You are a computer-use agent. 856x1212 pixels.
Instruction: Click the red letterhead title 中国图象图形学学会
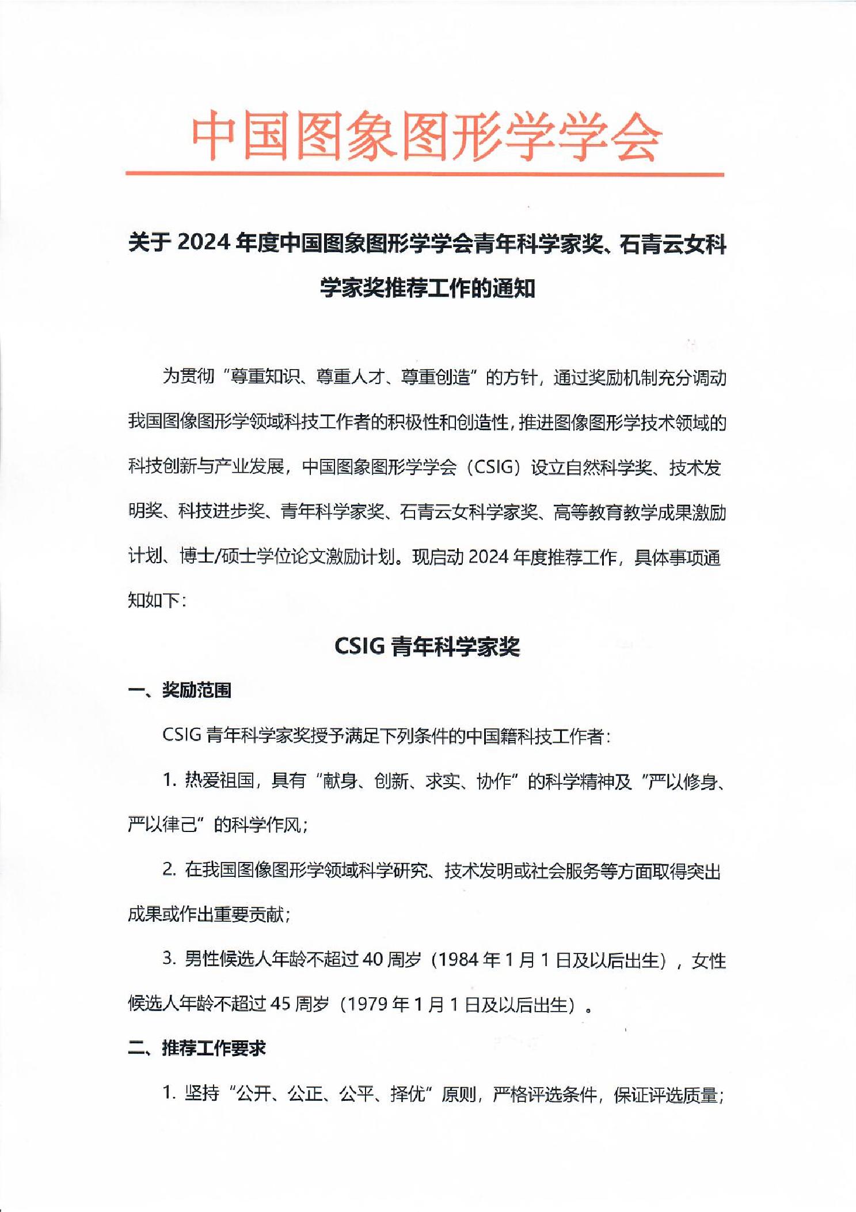[x=427, y=136]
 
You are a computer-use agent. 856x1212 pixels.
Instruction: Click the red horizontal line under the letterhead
[x=425, y=173]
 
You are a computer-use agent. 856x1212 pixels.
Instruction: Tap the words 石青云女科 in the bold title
[x=672, y=244]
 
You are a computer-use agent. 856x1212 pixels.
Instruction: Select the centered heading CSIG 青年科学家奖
[x=427, y=647]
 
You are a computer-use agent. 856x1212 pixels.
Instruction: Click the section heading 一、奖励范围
[x=180, y=690]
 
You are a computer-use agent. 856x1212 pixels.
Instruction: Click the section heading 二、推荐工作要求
[x=196, y=1048]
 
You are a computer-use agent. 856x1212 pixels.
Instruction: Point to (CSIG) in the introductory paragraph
[x=493, y=466]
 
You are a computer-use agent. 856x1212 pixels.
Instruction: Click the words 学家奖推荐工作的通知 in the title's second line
[x=428, y=288]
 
